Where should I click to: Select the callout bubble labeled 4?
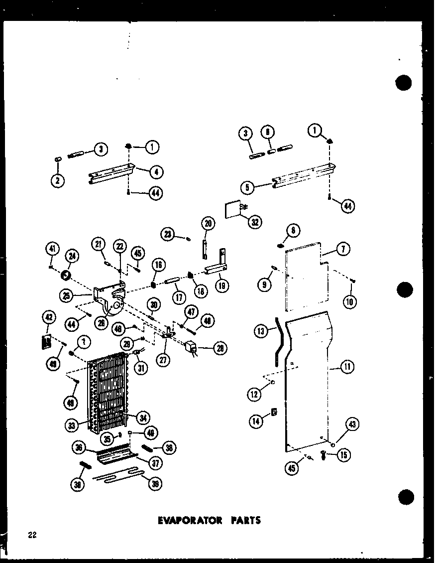pyautogui.click(x=156, y=172)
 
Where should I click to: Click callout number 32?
pyautogui.click(x=254, y=222)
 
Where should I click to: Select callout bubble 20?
pyautogui.click(x=208, y=224)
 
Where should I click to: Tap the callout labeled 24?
pyautogui.click(x=72, y=257)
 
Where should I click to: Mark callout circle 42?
pyautogui.click(x=48, y=317)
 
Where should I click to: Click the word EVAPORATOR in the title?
pyautogui.click(x=190, y=520)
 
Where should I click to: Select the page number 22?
pyautogui.click(x=32, y=536)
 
